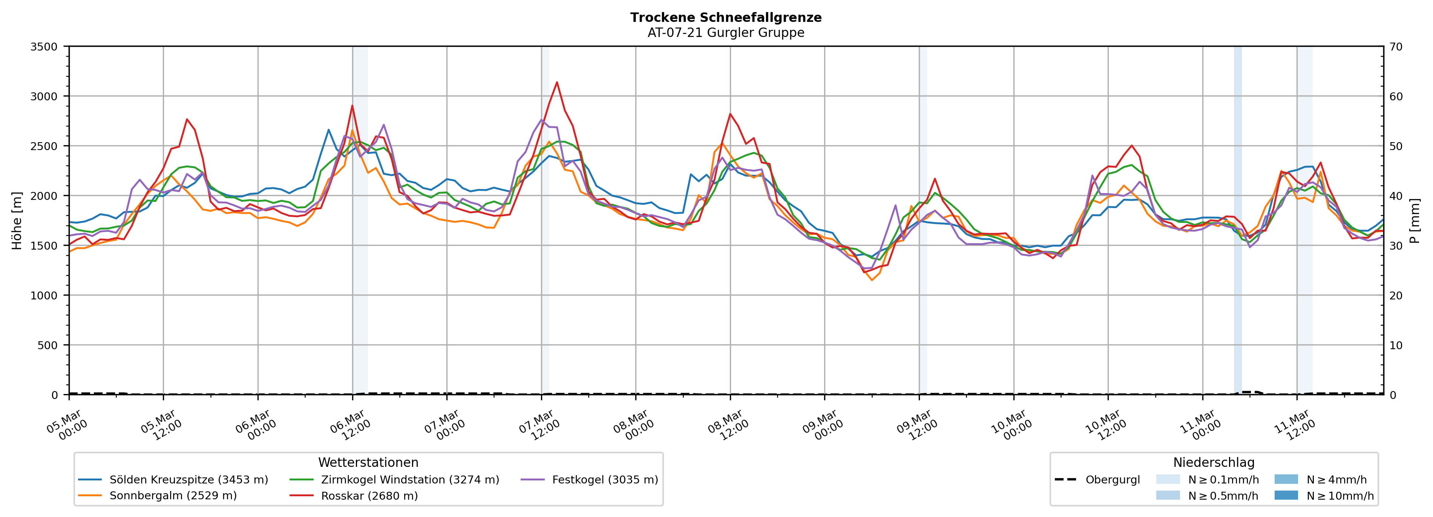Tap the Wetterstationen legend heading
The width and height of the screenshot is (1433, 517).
368,462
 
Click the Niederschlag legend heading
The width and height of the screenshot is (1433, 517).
1214,462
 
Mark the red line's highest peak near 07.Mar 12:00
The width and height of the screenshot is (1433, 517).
557,82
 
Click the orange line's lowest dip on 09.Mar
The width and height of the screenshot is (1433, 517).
872,280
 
